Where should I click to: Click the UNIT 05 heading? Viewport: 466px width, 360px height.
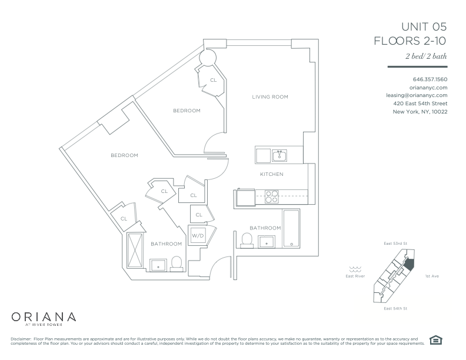424,26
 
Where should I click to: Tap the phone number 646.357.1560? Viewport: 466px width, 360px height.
430,79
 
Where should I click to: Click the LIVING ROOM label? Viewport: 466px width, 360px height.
270,97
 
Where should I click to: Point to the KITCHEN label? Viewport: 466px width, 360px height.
272,174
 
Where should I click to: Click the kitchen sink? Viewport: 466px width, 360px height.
279,155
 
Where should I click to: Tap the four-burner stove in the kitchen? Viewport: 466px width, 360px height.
272,196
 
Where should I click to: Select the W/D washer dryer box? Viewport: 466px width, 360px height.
198,235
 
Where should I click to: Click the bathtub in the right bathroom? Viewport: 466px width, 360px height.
291,228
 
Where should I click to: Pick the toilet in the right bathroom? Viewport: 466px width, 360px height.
247,241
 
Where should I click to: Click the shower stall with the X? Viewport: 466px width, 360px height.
135,251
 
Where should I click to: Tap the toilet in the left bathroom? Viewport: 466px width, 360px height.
177,264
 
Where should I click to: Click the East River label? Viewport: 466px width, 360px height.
355,276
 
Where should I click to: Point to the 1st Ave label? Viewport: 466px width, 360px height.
432,276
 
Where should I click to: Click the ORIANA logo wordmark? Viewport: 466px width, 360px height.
44,317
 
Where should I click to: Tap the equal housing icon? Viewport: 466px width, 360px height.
435,340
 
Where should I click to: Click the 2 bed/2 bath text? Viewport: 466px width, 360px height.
426,56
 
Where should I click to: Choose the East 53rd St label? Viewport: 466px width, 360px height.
395,244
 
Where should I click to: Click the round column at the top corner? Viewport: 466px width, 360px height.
207,57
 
